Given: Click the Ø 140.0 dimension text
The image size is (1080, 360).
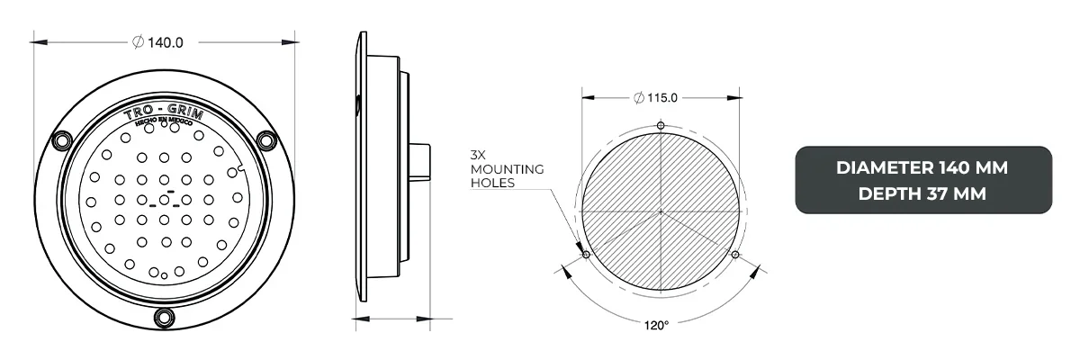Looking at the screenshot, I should click(x=158, y=41).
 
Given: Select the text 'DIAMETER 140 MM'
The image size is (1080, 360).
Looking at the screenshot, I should click(x=922, y=168).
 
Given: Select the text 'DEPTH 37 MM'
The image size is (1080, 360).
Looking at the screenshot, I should click(x=922, y=193).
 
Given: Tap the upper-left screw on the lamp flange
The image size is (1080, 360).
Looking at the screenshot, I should click(x=62, y=140).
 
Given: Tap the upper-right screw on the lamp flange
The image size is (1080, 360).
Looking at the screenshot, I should click(x=265, y=140).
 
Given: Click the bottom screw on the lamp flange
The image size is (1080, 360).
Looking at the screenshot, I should click(x=164, y=316).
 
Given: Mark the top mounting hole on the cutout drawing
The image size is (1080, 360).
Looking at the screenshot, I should click(x=661, y=125).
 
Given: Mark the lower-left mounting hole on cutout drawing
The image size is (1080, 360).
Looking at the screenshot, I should click(x=586, y=256).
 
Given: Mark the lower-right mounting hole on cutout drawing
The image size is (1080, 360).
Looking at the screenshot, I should click(x=736, y=256).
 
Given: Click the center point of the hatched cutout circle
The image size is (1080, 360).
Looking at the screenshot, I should click(x=661, y=212).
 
